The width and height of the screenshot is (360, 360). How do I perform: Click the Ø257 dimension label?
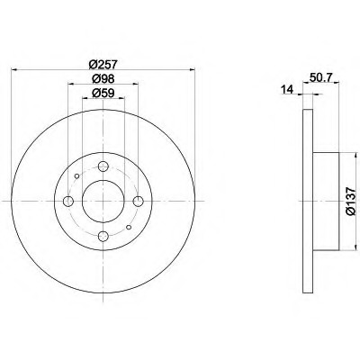pos(103,64)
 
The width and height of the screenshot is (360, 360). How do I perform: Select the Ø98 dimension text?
pos(103,79)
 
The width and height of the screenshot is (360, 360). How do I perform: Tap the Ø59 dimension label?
pos(103,94)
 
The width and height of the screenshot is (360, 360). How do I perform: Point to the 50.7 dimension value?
pos(320,77)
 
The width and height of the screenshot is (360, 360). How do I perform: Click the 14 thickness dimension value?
pos(287,89)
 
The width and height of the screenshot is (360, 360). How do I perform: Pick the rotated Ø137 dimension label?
pos(351,202)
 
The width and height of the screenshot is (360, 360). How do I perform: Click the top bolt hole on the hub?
pos(103,166)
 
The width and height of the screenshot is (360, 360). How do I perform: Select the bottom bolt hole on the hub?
pos(103,236)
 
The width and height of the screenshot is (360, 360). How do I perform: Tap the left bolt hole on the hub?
pos(68,201)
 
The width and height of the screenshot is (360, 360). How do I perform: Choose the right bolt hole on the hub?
pos(139,201)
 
